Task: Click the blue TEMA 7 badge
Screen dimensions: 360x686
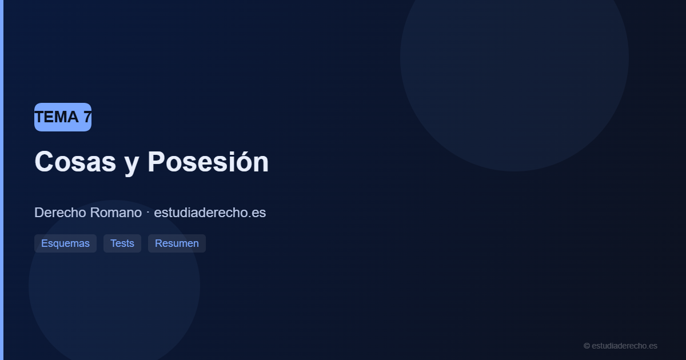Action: point(63,117)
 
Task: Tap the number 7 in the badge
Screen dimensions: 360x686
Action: point(87,117)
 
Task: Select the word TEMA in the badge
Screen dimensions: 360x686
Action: point(57,117)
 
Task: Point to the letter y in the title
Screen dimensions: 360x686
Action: point(131,164)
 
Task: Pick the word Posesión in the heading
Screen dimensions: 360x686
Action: point(208,162)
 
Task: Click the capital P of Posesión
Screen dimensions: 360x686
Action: point(156,162)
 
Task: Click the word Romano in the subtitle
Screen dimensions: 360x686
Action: point(116,213)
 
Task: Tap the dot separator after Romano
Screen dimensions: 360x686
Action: point(147,212)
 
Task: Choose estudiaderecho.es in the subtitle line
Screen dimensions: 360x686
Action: point(210,213)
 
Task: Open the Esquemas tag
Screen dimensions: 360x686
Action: point(65,243)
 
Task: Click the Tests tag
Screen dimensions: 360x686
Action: point(122,243)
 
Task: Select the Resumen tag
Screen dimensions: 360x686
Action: point(177,243)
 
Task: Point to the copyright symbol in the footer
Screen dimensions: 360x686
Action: point(587,346)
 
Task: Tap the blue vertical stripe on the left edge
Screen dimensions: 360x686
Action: point(2,180)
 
